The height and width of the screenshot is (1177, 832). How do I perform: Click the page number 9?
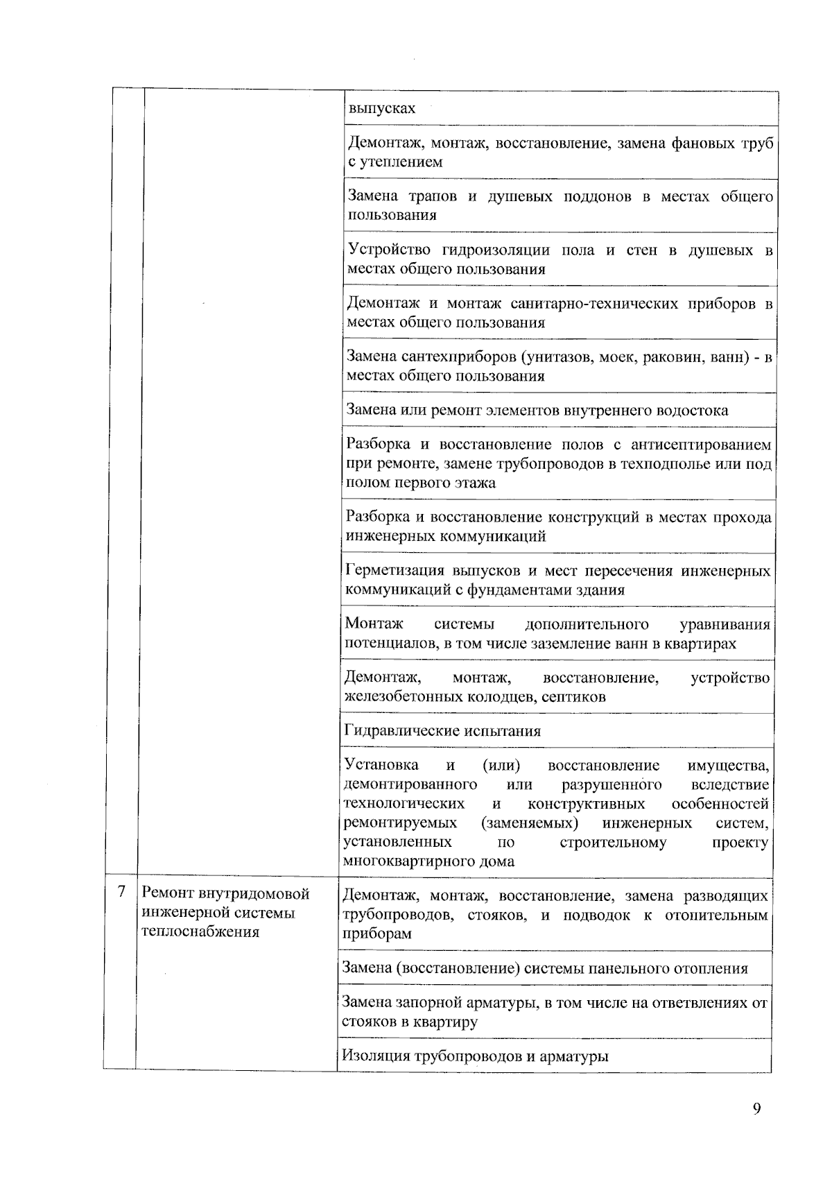(x=756, y=1108)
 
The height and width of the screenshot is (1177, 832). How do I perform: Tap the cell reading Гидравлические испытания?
(x=442, y=731)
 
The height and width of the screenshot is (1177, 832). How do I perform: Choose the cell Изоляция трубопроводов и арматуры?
(x=475, y=1056)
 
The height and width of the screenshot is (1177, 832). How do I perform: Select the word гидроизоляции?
(x=493, y=250)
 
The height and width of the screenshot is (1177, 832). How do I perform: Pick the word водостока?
(x=695, y=410)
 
